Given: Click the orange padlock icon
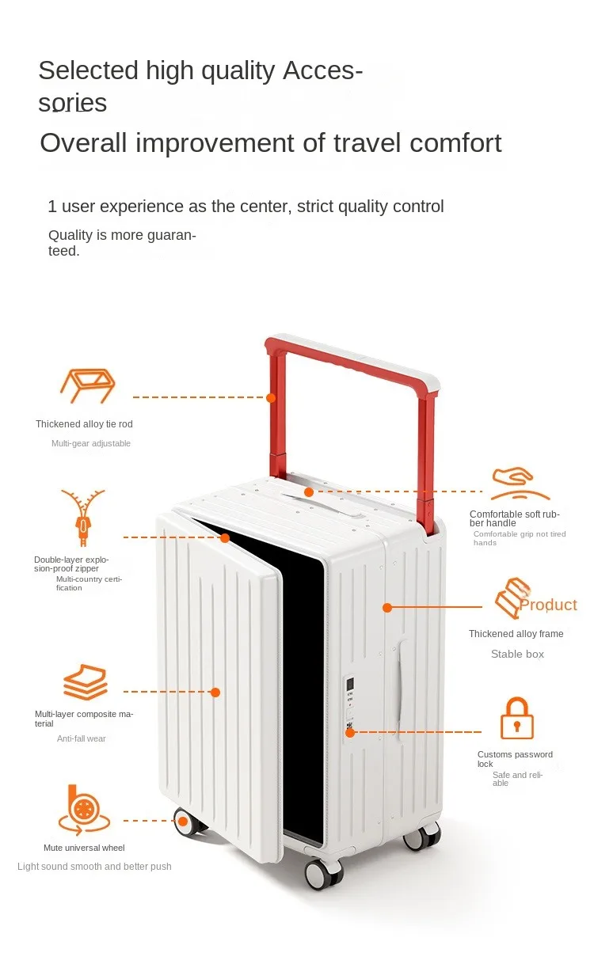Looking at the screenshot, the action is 516,718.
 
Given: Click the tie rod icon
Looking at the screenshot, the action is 87,385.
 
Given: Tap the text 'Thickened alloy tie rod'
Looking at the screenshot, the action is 84,424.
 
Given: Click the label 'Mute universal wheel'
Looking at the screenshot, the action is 84,848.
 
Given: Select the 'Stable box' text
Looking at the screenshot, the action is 517,654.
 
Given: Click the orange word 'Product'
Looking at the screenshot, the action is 548,605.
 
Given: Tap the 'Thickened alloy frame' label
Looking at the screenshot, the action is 516,634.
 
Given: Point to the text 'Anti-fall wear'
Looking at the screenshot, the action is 81,738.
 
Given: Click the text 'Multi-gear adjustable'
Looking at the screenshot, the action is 91,443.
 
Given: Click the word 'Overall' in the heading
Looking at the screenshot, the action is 84,143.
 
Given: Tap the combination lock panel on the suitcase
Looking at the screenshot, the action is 349,700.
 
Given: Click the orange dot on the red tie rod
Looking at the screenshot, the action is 271,397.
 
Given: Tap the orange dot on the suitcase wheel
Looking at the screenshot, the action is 182,821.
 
